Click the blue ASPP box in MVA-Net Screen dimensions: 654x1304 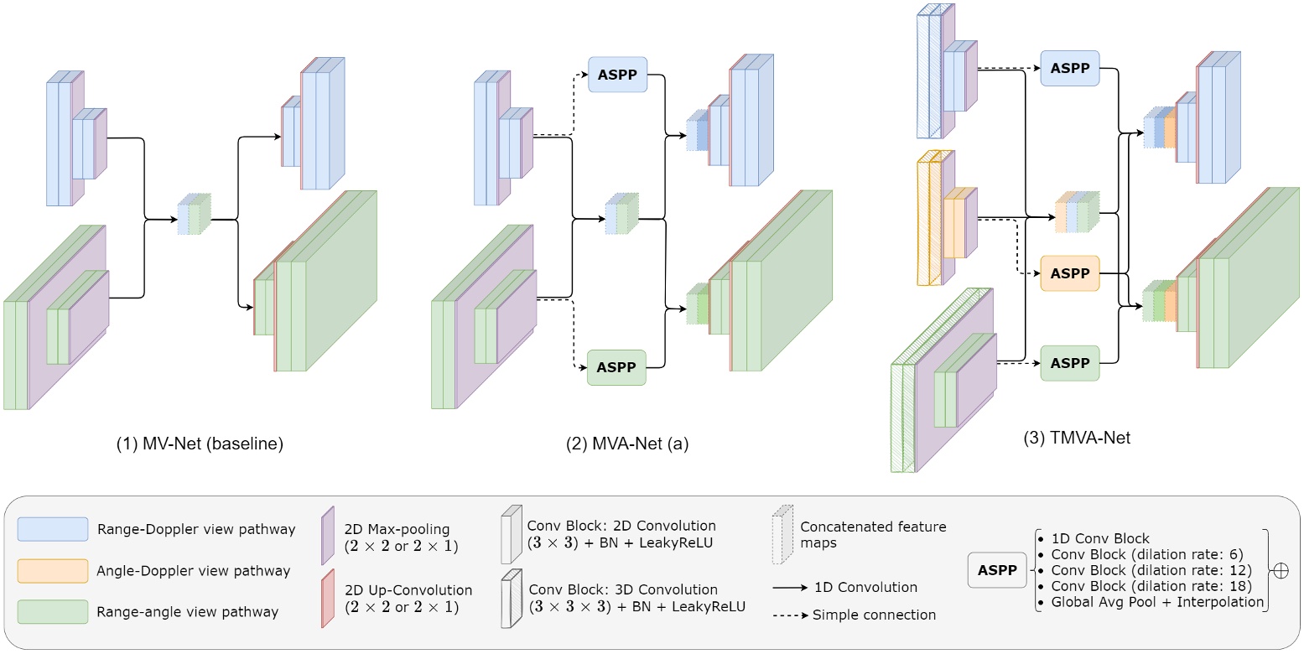[x=617, y=75]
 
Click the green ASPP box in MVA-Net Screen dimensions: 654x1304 [x=616, y=367]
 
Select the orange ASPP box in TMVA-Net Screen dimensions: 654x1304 [x=1069, y=273]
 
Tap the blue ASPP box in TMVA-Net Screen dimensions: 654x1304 [x=1069, y=68]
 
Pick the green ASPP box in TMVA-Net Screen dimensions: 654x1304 [x=1069, y=363]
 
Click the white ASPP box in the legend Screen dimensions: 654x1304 [x=996, y=569]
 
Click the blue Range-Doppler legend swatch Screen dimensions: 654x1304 [x=53, y=529]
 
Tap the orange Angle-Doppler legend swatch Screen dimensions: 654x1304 [x=53, y=571]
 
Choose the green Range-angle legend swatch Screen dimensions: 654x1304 [x=53, y=612]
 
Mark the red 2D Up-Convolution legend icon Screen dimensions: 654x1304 [x=328, y=597]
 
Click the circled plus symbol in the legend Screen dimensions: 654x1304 [x=1281, y=570]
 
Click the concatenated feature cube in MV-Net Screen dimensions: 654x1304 [x=194, y=215]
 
